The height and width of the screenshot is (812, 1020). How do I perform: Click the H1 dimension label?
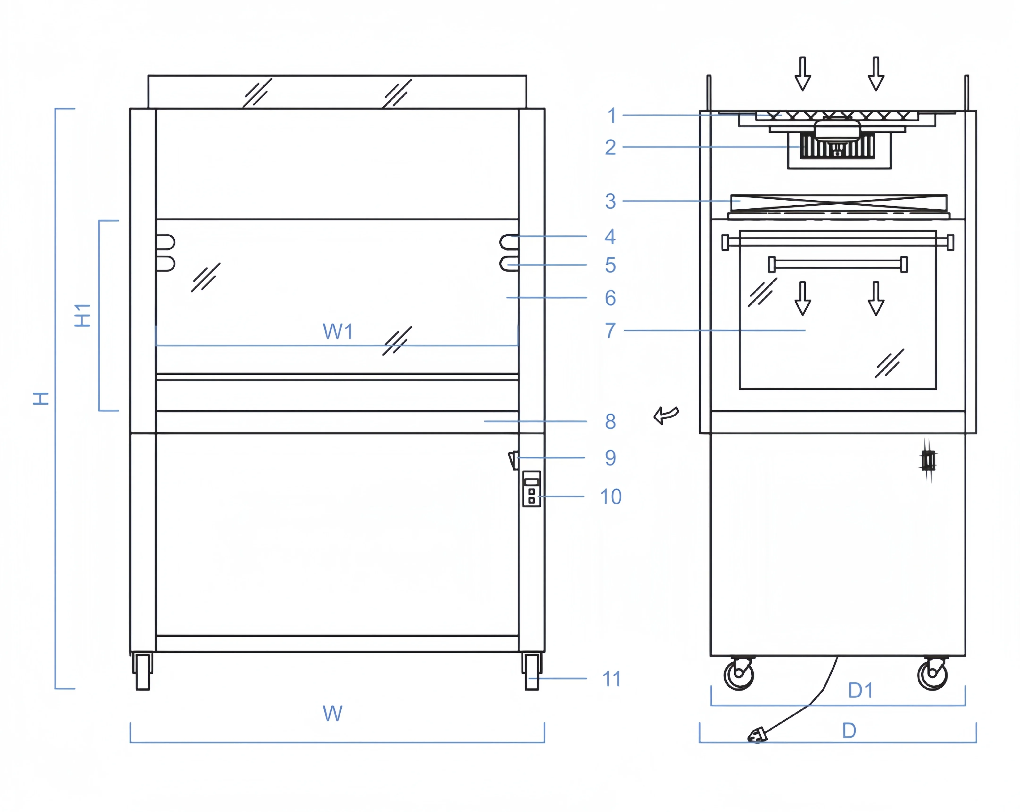[x=83, y=316]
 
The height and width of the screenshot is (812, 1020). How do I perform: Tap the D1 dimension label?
[x=860, y=690]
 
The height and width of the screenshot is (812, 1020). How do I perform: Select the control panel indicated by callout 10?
[x=531, y=489]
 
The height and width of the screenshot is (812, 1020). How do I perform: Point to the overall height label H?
[x=41, y=398]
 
